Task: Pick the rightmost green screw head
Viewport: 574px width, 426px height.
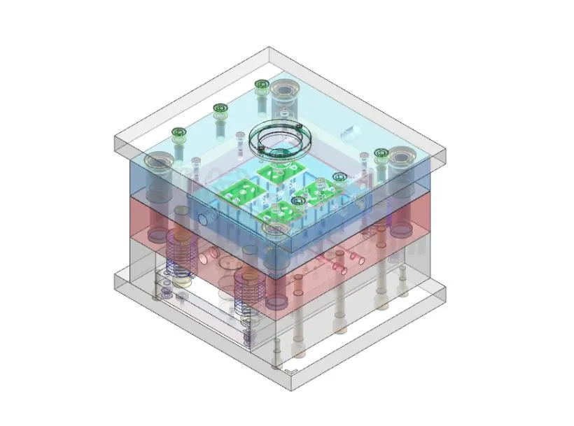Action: [381, 153]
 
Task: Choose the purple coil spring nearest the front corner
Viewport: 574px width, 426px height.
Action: [248, 292]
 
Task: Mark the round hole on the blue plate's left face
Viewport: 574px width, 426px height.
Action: [202, 219]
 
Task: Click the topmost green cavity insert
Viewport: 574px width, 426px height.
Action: [279, 171]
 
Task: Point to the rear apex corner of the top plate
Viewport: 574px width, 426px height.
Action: [269, 48]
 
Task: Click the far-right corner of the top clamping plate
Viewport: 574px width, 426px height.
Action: [446, 147]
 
